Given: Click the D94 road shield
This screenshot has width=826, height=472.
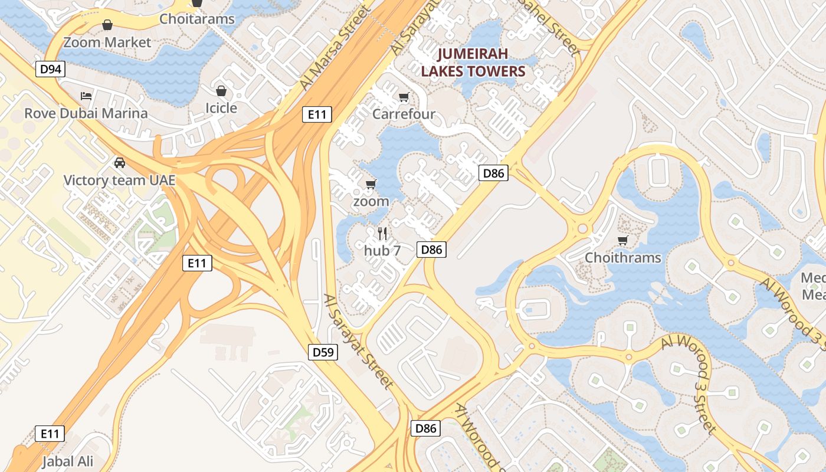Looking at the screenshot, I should point(50,70).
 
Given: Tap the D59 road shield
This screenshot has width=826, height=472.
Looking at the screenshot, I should point(323,352).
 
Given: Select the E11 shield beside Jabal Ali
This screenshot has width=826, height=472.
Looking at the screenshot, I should point(50,434).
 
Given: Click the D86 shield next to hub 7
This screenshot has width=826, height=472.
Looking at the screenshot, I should point(431,250).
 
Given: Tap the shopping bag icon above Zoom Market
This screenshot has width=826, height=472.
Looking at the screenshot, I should point(107,25).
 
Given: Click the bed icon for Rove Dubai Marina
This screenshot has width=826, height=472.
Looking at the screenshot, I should point(86,96).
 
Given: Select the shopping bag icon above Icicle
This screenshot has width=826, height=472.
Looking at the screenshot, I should point(221,91).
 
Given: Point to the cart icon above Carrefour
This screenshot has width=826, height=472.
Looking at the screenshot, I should point(404,97).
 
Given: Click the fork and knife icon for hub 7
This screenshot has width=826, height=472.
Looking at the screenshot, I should point(382,234).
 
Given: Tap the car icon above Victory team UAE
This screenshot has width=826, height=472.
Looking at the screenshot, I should point(120,162).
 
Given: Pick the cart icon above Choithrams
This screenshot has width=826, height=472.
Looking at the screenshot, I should point(622,240).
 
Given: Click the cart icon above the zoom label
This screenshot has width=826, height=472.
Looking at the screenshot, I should point(371,185).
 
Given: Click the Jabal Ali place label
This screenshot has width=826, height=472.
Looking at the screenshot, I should point(68,461).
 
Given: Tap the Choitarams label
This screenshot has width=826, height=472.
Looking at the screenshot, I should point(197,19).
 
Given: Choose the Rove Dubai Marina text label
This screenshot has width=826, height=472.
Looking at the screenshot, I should point(86,113).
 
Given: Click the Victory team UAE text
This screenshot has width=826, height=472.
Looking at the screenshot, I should point(120,180).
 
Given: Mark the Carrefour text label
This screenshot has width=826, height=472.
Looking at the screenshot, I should point(404,114).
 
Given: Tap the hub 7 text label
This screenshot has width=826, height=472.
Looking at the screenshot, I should point(382,250).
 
